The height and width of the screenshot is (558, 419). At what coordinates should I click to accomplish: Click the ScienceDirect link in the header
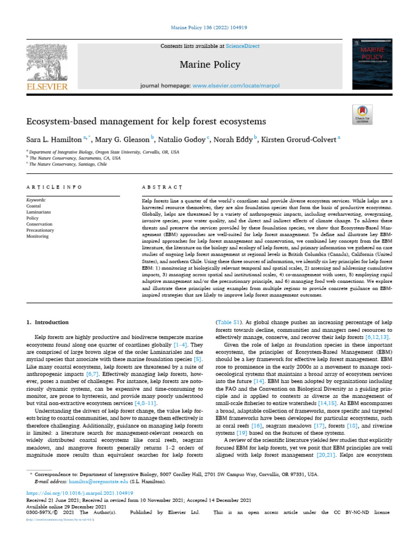[x=243, y=46]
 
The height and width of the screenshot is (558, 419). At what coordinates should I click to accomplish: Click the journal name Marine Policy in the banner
[x=209, y=65]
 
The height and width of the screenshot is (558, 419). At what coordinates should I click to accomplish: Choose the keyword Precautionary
[x=40, y=231]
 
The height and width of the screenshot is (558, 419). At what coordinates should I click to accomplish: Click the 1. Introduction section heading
[x=48, y=323]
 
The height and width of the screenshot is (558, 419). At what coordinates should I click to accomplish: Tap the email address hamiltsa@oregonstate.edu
[x=97, y=482]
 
